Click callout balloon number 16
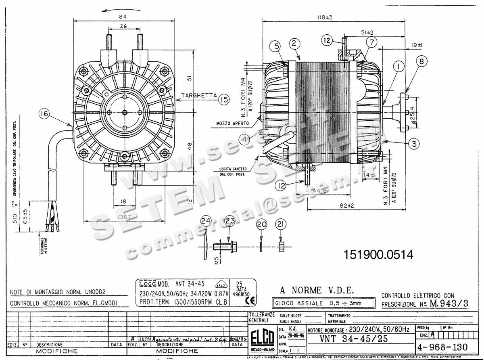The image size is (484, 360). coord(44,114)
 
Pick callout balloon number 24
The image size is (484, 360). coord(206,221)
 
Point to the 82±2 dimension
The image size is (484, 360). coord(346,205)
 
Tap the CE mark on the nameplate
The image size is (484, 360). coord(239,299)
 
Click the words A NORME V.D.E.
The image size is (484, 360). coord(317,290)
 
